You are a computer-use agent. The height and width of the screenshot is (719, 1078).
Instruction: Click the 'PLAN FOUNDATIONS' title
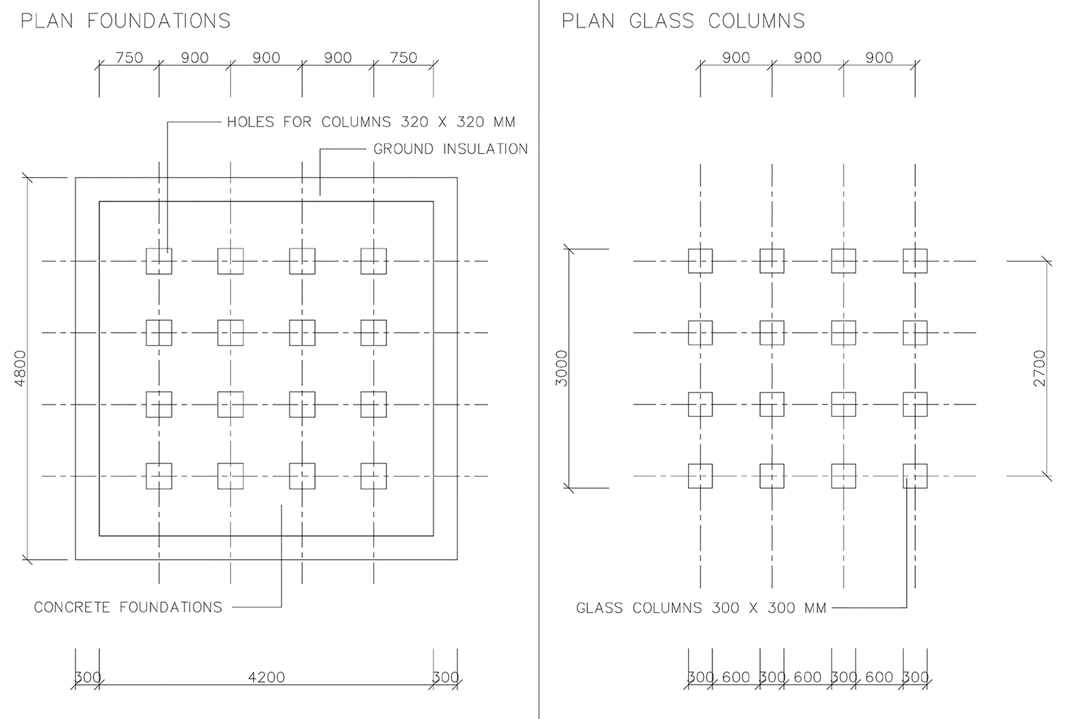click(x=126, y=21)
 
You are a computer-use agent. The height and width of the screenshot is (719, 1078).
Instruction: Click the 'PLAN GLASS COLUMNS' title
click(x=683, y=21)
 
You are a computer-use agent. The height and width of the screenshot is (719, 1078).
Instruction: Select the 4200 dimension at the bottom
click(x=266, y=677)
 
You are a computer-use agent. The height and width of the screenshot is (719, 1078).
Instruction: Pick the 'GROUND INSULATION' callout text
click(x=451, y=149)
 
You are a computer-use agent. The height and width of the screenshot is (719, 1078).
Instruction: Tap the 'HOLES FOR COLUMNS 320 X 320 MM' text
click(x=371, y=122)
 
